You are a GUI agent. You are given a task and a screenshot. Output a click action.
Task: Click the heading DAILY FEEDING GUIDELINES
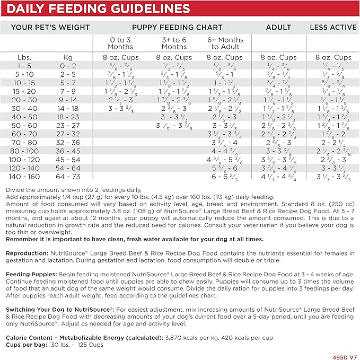tap(98, 8)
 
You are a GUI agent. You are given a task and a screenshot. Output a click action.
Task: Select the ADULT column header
tap(279, 27)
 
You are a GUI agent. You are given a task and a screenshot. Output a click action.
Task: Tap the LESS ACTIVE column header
tap(333, 27)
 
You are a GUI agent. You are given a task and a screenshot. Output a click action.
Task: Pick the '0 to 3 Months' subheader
tap(120, 43)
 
